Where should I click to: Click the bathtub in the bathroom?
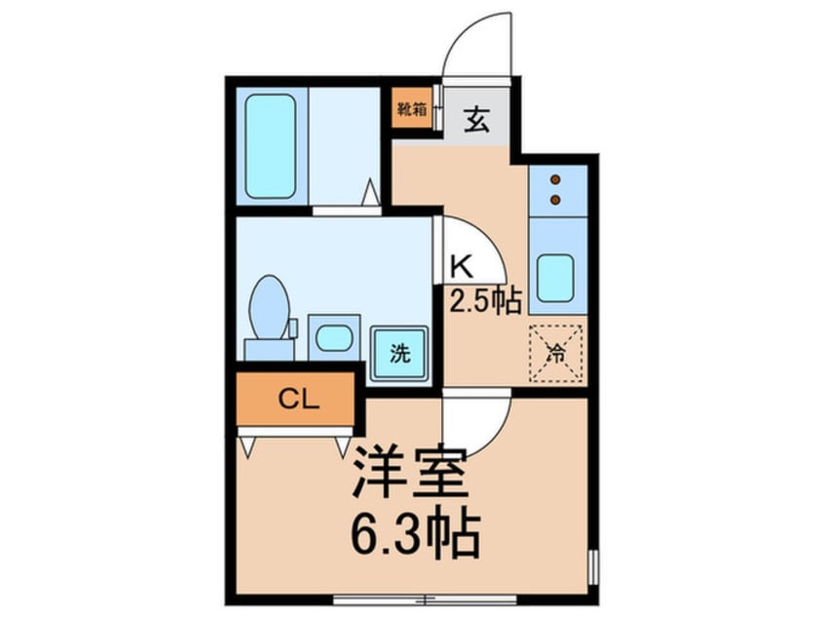[x=271, y=146]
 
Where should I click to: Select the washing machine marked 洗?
[x=399, y=353]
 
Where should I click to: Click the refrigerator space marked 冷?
[x=556, y=350]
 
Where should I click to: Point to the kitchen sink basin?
[x=556, y=277]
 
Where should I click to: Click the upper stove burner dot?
[x=556, y=180]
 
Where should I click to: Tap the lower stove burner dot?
[x=556, y=200]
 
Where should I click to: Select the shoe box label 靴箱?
[x=412, y=109]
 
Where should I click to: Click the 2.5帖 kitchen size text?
[x=484, y=300]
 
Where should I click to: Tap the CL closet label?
[x=293, y=399]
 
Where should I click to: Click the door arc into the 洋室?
[x=477, y=425]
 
